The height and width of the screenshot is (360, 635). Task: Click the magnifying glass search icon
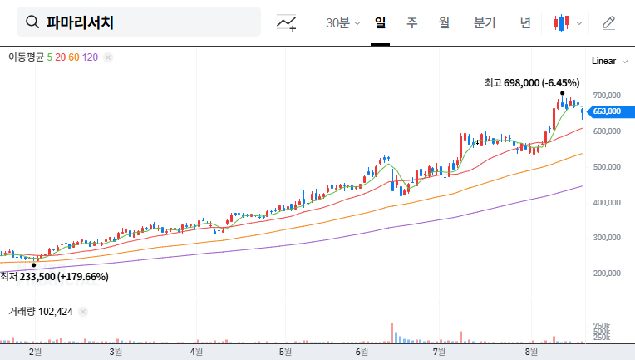click(32, 22)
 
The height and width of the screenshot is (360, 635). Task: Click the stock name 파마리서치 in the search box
click(80, 22)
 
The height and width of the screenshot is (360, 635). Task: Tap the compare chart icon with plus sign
click(287, 23)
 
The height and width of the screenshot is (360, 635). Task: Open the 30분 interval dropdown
click(342, 23)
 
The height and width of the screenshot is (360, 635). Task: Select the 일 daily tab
click(381, 23)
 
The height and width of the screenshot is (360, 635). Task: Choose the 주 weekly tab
click(411, 23)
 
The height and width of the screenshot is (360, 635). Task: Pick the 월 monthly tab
click(443, 23)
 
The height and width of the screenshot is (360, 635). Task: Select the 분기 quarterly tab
click(484, 23)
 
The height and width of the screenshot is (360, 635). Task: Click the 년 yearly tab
click(525, 23)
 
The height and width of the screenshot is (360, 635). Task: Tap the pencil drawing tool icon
click(608, 23)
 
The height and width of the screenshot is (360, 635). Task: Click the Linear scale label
click(603, 62)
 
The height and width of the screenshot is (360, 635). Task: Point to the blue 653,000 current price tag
click(607, 111)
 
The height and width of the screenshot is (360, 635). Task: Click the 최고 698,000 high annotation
click(532, 83)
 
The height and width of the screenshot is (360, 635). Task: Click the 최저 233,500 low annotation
click(55, 276)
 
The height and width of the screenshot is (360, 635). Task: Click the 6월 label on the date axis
click(362, 352)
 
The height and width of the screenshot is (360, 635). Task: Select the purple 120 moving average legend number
click(91, 57)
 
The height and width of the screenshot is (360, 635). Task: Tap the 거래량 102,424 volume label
click(41, 312)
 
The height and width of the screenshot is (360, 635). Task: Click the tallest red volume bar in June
click(391, 333)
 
